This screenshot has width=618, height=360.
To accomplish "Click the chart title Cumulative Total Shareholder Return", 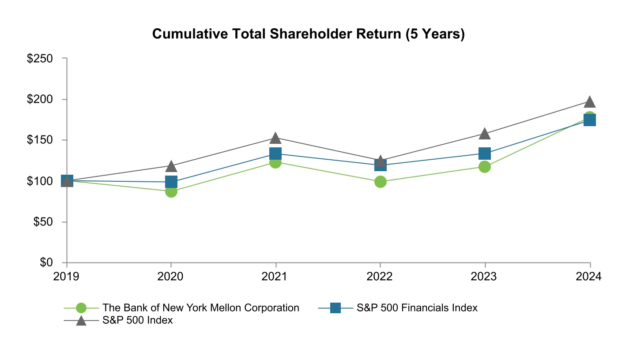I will (308, 34).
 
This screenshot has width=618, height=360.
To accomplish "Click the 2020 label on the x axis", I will (171, 277).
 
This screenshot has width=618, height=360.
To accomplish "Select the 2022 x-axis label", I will (380, 277).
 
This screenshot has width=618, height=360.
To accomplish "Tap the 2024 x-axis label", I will (589, 277).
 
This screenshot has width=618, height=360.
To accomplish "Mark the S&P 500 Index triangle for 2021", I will (275, 138).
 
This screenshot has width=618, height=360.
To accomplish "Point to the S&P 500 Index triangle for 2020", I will (171, 166).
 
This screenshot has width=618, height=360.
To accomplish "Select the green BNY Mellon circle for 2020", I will (171, 191).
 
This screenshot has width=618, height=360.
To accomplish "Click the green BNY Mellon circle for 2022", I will (380, 181).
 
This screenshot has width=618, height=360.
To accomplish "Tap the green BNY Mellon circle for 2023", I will (485, 167).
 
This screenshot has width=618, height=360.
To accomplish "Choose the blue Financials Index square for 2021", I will (275, 154).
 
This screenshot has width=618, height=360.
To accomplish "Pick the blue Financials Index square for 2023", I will (485, 154).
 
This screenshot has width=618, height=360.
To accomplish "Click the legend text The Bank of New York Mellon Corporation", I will (201, 307).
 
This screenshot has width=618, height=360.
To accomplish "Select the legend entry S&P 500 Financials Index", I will (417, 307).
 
